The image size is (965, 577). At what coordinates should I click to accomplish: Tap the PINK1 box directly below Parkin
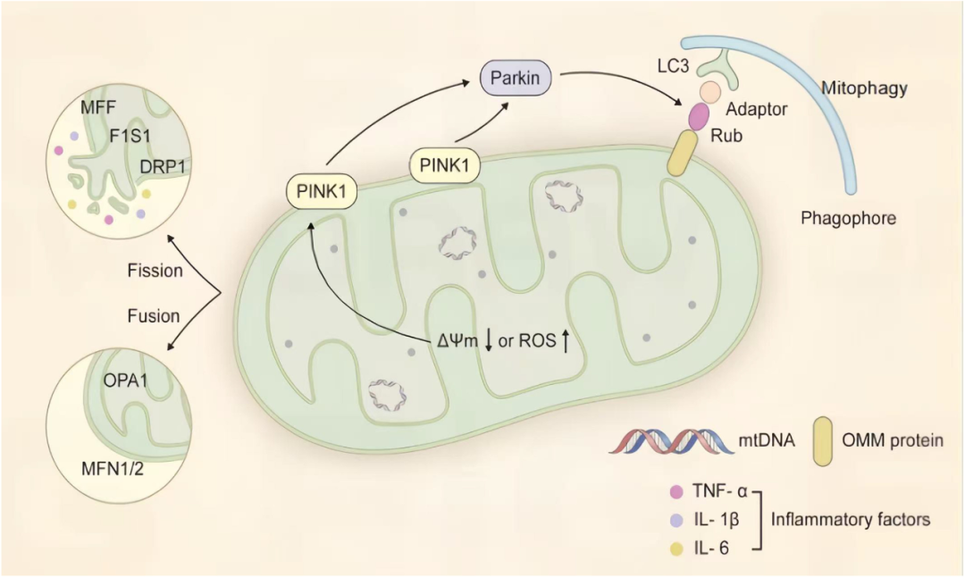pos(441,165)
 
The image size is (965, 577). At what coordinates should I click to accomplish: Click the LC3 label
pos(663,67)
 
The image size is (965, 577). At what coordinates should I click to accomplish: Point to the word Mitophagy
pos(863,88)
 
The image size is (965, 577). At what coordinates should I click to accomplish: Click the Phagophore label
pos(848,217)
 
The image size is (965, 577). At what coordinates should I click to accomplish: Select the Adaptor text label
pos(755,110)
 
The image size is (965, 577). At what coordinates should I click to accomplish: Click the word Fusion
pos(155,315)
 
